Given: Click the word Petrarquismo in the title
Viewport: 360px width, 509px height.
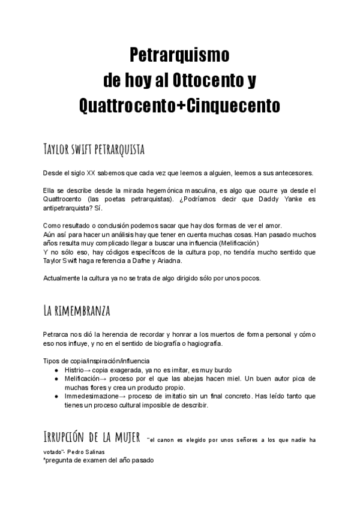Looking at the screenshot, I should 180,56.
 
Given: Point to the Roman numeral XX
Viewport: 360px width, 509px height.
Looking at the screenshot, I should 91,173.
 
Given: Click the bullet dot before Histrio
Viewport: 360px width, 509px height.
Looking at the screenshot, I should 56,370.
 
